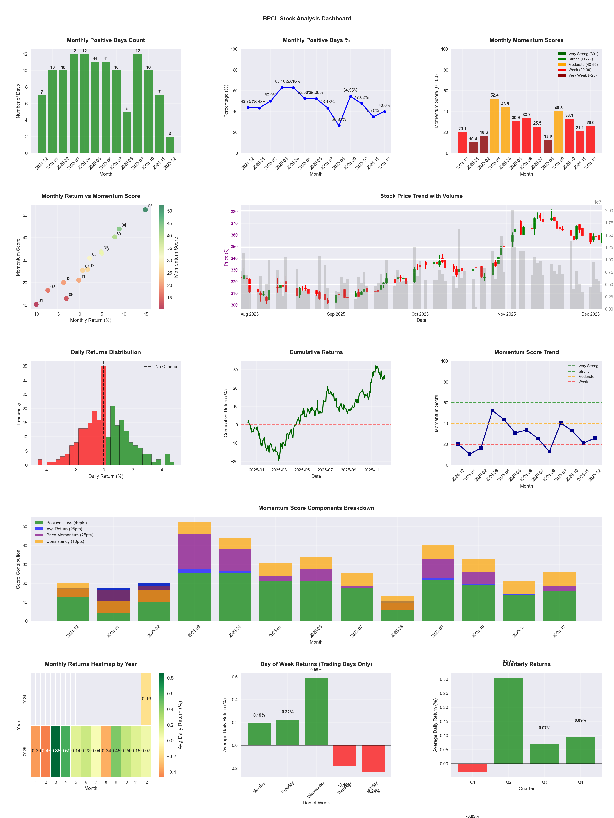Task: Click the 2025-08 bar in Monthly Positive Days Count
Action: pos(127,132)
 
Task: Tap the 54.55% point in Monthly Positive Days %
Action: pos(350,97)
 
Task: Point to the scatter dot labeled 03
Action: pos(146,210)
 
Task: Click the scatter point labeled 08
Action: pos(66,298)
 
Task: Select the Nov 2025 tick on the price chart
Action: pos(506,314)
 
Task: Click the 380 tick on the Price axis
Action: pos(234,212)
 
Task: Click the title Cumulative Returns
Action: pos(316,352)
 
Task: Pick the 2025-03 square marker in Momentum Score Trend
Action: pos(492,411)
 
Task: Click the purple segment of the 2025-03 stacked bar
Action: pos(194,551)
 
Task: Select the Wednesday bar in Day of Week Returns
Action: pos(316,711)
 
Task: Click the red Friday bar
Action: pos(373,758)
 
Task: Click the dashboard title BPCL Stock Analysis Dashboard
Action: pos(307,18)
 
